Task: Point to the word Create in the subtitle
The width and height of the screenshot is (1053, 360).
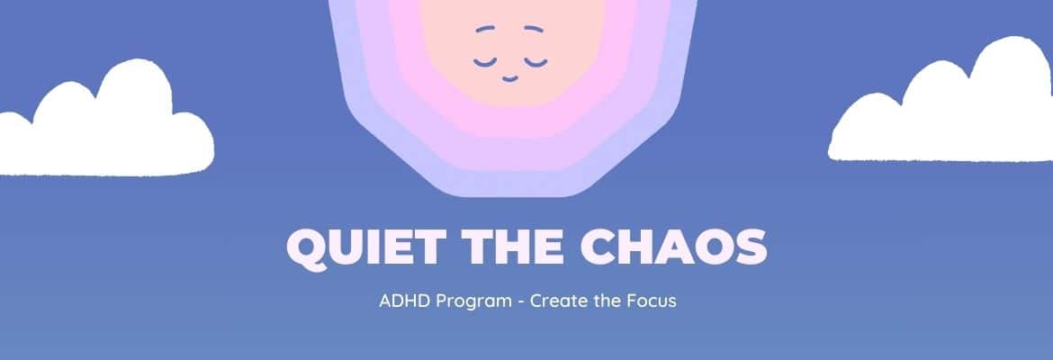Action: point(555,301)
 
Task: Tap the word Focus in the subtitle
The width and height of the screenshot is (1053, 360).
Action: point(652,301)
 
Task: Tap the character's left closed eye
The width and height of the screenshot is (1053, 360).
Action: point(486,61)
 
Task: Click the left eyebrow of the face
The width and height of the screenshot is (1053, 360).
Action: point(486,29)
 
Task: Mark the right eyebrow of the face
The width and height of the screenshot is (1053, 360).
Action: point(534,29)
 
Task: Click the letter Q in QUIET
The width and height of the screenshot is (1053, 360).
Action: point(305,247)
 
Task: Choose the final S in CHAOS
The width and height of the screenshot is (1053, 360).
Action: point(749,246)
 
